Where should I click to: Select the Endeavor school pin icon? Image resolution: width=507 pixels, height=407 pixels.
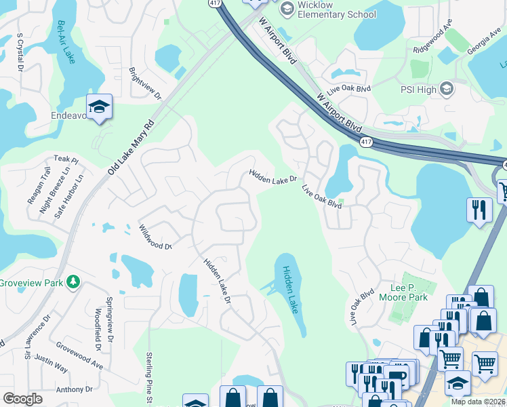(x=99, y=107)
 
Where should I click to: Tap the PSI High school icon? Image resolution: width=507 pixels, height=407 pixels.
(x=447, y=88)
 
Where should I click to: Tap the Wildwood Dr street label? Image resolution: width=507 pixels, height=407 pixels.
(x=155, y=237)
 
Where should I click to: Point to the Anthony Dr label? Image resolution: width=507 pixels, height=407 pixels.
(x=74, y=389)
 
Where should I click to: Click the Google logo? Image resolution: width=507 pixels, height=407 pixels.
(x=22, y=399)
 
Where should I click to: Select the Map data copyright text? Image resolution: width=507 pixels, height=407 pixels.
(x=479, y=402)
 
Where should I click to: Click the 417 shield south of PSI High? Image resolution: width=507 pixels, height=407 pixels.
(x=366, y=142)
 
